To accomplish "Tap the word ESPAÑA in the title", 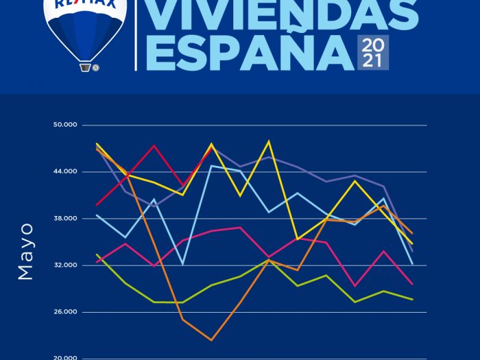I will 249,52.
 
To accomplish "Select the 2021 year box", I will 374,53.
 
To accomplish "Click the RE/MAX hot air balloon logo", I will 85,31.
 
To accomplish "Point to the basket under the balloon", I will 86,67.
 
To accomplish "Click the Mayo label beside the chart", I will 25,250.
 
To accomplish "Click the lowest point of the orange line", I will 211,340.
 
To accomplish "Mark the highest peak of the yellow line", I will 269,141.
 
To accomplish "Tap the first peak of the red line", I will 154,145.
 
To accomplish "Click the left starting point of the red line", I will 97,204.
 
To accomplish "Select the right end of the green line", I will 412,300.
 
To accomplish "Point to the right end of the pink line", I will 412,283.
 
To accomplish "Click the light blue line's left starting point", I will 97,215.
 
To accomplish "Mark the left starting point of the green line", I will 97,254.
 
